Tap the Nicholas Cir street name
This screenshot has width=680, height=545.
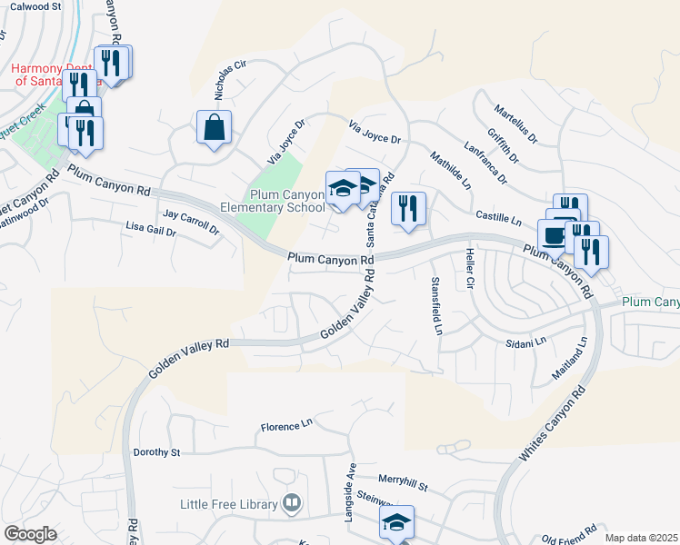click(231, 80)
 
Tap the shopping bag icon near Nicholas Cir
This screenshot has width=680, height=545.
click(214, 129)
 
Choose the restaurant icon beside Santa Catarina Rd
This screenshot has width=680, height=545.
click(408, 209)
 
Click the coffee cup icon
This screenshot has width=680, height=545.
click(553, 235)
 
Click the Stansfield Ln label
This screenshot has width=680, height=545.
click(435, 306)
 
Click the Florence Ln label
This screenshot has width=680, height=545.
click(286, 424)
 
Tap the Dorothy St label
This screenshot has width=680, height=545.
click(157, 451)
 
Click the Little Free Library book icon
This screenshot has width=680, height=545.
click(292, 502)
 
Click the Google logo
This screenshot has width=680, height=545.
click(30, 534)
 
